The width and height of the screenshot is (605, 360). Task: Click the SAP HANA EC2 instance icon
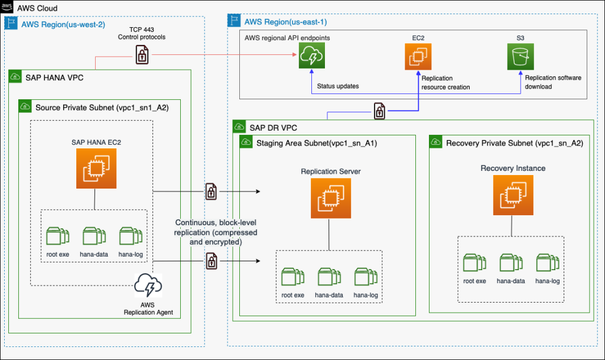(x=95, y=168)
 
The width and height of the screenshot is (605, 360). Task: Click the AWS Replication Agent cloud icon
(x=148, y=287)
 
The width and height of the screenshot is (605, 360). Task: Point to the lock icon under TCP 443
(x=142, y=55)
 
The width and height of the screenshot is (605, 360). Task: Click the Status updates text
(x=338, y=86)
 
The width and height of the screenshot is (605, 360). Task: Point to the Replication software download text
(x=553, y=82)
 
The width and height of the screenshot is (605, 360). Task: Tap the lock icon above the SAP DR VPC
(x=379, y=111)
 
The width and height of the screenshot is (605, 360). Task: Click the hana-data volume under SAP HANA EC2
(x=93, y=236)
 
